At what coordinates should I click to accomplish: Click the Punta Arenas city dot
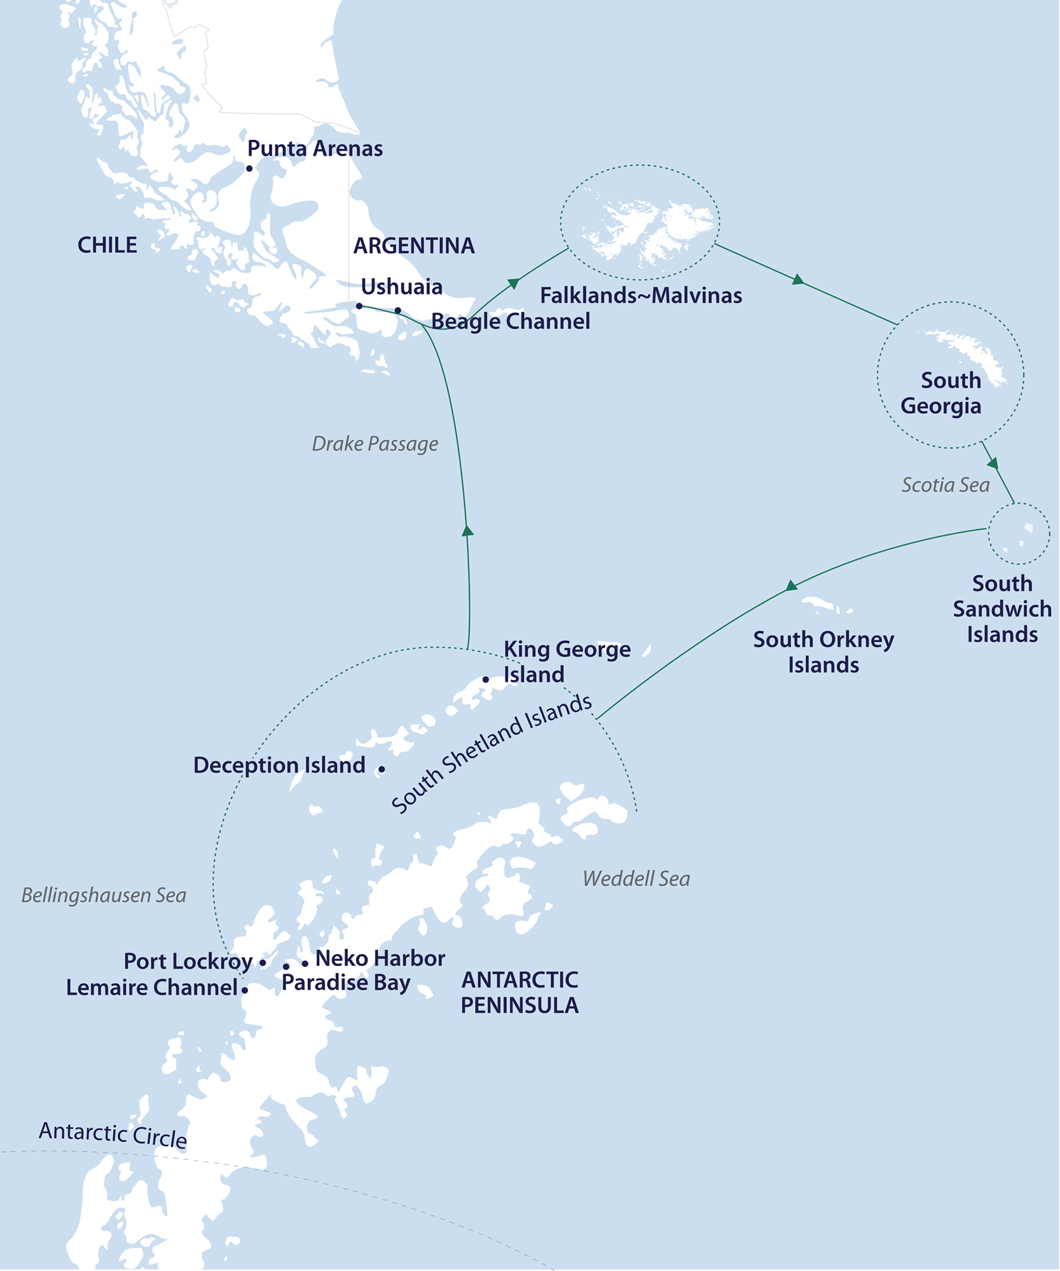[x=249, y=168]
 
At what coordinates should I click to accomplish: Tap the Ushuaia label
[x=401, y=287]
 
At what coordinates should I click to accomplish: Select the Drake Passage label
[x=375, y=444]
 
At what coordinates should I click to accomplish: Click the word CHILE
[x=107, y=245]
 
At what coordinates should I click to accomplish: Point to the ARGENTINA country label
[x=414, y=245]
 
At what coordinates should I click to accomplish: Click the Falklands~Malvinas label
[x=641, y=296]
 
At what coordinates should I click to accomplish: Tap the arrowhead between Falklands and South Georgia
[x=798, y=280]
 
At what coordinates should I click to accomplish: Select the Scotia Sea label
[x=946, y=486]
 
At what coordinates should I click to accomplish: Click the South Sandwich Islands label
[x=1001, y=609]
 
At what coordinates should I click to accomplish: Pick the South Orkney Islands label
[x=823, y=652]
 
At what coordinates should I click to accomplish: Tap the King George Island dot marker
[x=486, y=679]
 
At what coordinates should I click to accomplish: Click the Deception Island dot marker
[x=382, y=769]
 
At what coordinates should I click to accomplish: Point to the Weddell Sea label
[x=636, y=879]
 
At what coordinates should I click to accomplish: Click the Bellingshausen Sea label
[x=104, y=895]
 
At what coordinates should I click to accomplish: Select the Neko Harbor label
[x=380, y=958]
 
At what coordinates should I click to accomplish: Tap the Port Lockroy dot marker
[x=263, y=963]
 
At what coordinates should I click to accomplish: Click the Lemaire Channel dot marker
[x=245, y=989]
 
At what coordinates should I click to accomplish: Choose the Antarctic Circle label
[x=113, y=1135]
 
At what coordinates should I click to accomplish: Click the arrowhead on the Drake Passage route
[x=467, y=531]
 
